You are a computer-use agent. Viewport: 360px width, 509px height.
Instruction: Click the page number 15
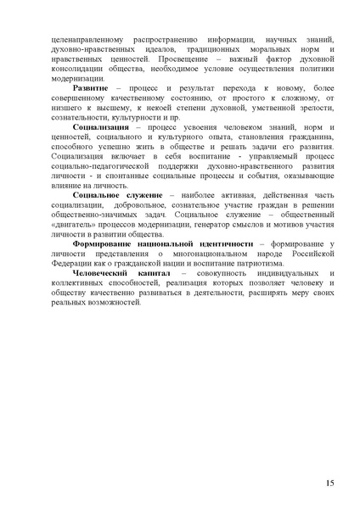(329, 483)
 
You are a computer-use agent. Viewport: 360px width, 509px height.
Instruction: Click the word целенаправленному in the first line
(87, 39)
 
